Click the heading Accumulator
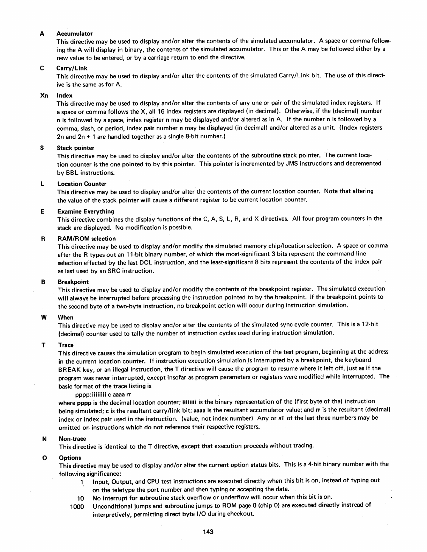pyautogui.click(x=74, y=34)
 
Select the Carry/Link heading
pyautogui.click(x=72, y=68)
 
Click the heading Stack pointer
pyautogui.click(x=75, y=148)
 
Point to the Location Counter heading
pyautogui.click(x=82, y=184)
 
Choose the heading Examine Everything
pyautogui.click(x=85, y=212)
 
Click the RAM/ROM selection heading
pyautogui.click(x=87, y=239)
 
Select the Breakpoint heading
pyautogui.click(x=73, y=282)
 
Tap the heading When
pyautogui.click(x=66, y=317)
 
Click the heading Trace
pyautogui.click(x=66, y=345)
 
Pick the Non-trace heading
pyautogui.click(x=72, y=439)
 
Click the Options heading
pyautogui.click(x=70, y=458)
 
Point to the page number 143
pyautogui.click(x=208, y=532)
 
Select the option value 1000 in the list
pyautogui.click(x=77, y=506)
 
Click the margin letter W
pyautogui.click(x=44, y=317)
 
